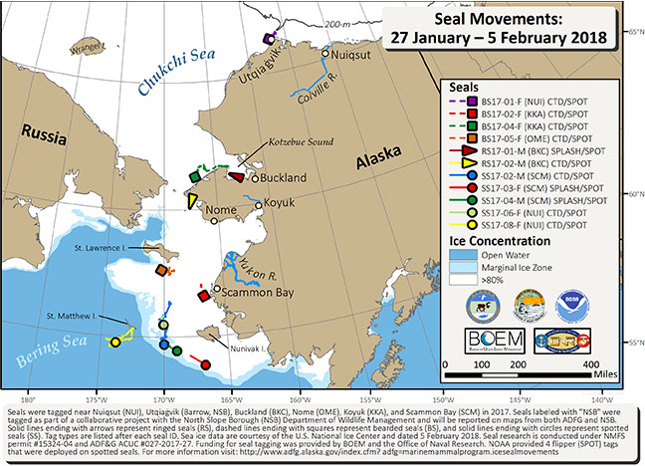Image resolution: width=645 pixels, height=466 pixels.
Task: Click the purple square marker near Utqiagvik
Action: pos(268,37)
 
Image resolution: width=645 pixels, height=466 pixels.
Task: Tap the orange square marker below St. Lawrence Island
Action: pos(161,269)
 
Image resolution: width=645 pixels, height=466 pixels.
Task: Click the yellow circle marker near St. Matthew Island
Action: pos(115,342)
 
